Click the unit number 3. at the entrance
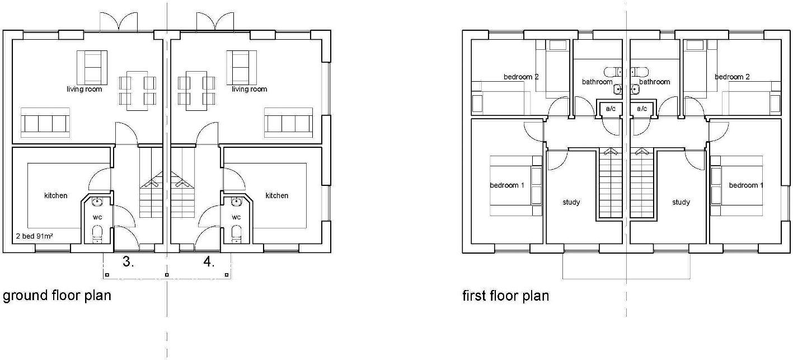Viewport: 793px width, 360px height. [x=128, y=262]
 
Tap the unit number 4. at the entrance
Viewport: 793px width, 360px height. [x=209, y=262]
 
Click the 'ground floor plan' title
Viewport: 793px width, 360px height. [x=57, y=295]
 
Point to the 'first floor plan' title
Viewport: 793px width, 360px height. [x=505, y=295]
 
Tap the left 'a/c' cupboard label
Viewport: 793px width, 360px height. [x=610, y=109]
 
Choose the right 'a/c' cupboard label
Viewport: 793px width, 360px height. [x=641, y=109]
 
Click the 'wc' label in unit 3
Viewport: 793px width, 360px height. [x=96, y=217]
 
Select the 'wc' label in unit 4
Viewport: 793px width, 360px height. [x=236, y=217]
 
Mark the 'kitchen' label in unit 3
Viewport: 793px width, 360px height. [x=56, y=195]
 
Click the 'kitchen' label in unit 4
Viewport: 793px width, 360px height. [x=277, y=195]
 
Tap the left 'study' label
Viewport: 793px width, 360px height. [x=571, y=202]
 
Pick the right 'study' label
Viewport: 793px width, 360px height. [x=681, y=202]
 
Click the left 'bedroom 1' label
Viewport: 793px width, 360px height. [x=507, y=185]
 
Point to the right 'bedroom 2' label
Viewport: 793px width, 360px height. [x=732, y=77]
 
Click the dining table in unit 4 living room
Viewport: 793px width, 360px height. [x=196, y=90]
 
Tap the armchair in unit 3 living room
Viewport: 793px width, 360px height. [x=92, y=66]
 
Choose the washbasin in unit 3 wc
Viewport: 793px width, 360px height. [x=97, y=202]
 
